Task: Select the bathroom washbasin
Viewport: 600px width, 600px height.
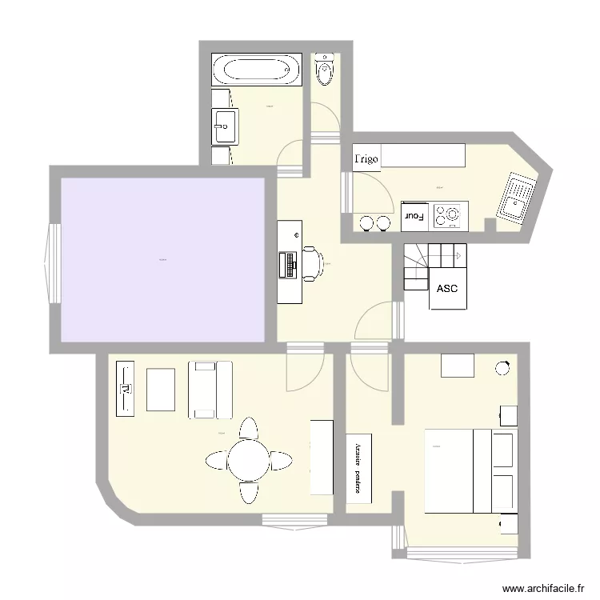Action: (x=224, y=126)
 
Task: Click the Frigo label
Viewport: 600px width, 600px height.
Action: (x=366, y=159)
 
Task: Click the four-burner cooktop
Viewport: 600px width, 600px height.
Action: (x=448, y=214)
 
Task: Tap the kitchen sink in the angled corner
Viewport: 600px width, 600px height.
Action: (x=515, y=198)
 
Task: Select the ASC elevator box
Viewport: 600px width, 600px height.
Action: (x=447, y=288)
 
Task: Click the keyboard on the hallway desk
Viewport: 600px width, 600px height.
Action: (x=288, y=264)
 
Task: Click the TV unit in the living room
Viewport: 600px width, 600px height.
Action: (x=126, y=389)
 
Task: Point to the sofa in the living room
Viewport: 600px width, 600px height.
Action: (x=210, y=390)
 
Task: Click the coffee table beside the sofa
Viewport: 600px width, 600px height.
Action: (x=162, y=389)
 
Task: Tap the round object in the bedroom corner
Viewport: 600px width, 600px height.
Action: (x=503, y=368)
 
